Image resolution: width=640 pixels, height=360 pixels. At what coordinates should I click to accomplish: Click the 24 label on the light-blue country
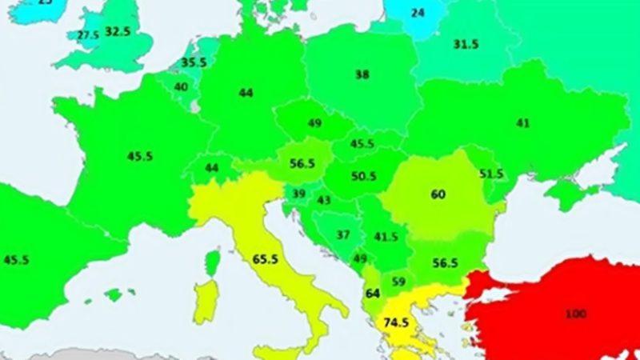point(418,13)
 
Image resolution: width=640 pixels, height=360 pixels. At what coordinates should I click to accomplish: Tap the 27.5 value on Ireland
point(87,36)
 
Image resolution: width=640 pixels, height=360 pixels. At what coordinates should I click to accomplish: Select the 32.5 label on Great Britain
point(118,32)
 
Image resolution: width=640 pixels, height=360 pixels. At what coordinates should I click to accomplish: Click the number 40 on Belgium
point(182,87)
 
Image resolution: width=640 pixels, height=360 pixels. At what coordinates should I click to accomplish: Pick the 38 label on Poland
point(362,74)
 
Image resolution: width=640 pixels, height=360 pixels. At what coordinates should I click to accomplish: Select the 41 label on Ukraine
point(523,123)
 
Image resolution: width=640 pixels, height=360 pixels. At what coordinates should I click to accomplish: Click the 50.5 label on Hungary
point(363,176)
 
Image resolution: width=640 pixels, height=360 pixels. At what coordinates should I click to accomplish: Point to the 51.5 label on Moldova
point(490,174)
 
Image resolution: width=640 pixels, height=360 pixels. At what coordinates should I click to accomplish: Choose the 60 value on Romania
point(438,194)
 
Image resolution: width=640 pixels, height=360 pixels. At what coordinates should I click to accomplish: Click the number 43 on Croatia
point(325,201)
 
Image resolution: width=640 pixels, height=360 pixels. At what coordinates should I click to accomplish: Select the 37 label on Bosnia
point(343,235)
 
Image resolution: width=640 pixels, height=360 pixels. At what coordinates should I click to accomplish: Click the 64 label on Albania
point(372,294)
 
